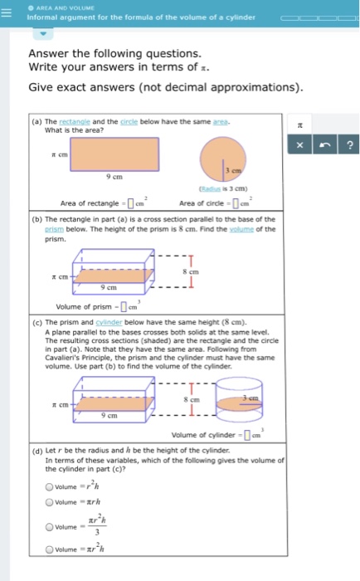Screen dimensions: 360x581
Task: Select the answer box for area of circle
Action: pos(235,204)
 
